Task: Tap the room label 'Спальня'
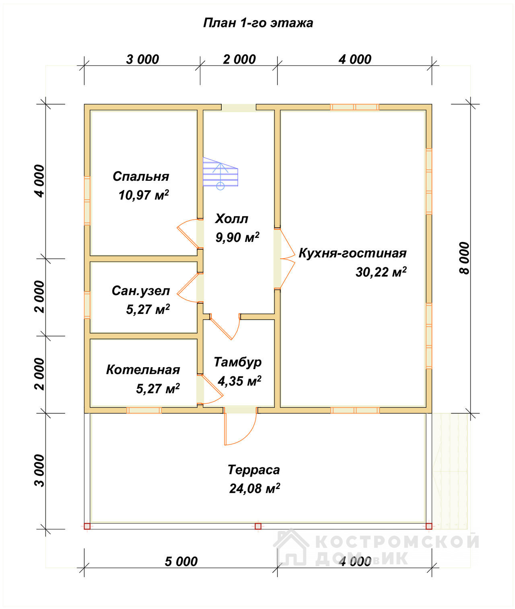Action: point(141,176)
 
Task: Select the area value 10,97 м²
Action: point(144,195)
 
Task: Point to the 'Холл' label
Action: point(231,219)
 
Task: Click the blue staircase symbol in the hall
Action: point(220,173)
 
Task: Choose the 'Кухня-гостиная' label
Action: point(352,253)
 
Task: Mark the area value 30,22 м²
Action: point(381,272)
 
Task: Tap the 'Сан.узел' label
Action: point(141,291)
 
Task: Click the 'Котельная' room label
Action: point(143,370)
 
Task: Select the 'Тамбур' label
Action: point(237,362)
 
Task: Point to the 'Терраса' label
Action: point(253,470)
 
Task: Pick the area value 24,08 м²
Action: point(254,489)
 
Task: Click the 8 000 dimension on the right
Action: point(464,258)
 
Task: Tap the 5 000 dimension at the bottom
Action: point(181,562)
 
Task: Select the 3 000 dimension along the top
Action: point(142,60)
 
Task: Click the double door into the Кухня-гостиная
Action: point(284,258)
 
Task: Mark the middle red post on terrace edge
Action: point(258,526)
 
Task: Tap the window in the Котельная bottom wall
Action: point(144,411)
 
